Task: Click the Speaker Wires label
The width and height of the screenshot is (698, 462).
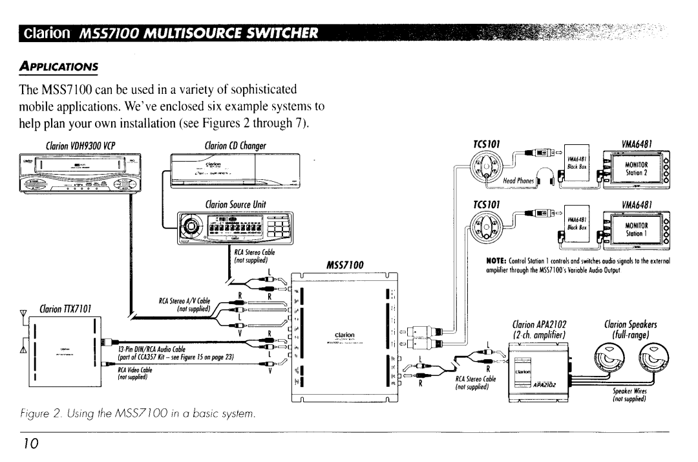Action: pos(626,395)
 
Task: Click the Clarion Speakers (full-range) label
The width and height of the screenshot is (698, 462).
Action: pos(630,330)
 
